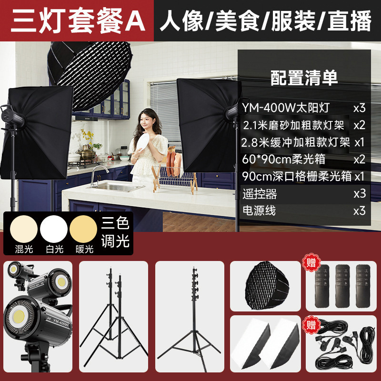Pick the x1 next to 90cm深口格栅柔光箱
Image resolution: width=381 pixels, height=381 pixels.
click(359, 176)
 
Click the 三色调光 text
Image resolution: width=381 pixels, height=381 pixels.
click(116, 232)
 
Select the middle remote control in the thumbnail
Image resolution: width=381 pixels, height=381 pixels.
click(342, 286)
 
